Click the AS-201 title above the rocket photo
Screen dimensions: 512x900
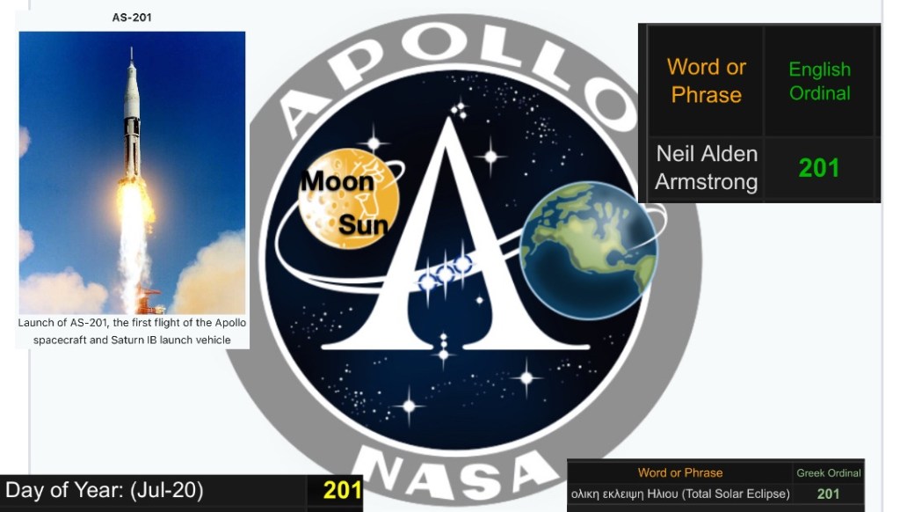point(132,17)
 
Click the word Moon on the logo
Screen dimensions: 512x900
point(337,182)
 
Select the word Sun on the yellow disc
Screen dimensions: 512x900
point(363,225)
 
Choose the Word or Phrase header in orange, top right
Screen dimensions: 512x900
point(706,80)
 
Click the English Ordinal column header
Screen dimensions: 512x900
point(819,81)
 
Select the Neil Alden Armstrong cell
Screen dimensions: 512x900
point(706,167)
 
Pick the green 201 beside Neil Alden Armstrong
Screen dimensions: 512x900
point(819,168)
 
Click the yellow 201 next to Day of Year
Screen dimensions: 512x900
point(342,490)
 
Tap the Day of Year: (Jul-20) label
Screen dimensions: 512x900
point(105,490)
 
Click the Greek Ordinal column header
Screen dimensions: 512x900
point(828,473)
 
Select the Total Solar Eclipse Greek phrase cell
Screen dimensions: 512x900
point(680,494)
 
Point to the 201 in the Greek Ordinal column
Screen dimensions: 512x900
point(828,494)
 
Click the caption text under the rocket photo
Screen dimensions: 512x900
point(132,331)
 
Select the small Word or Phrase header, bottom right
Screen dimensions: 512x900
point(680,473)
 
